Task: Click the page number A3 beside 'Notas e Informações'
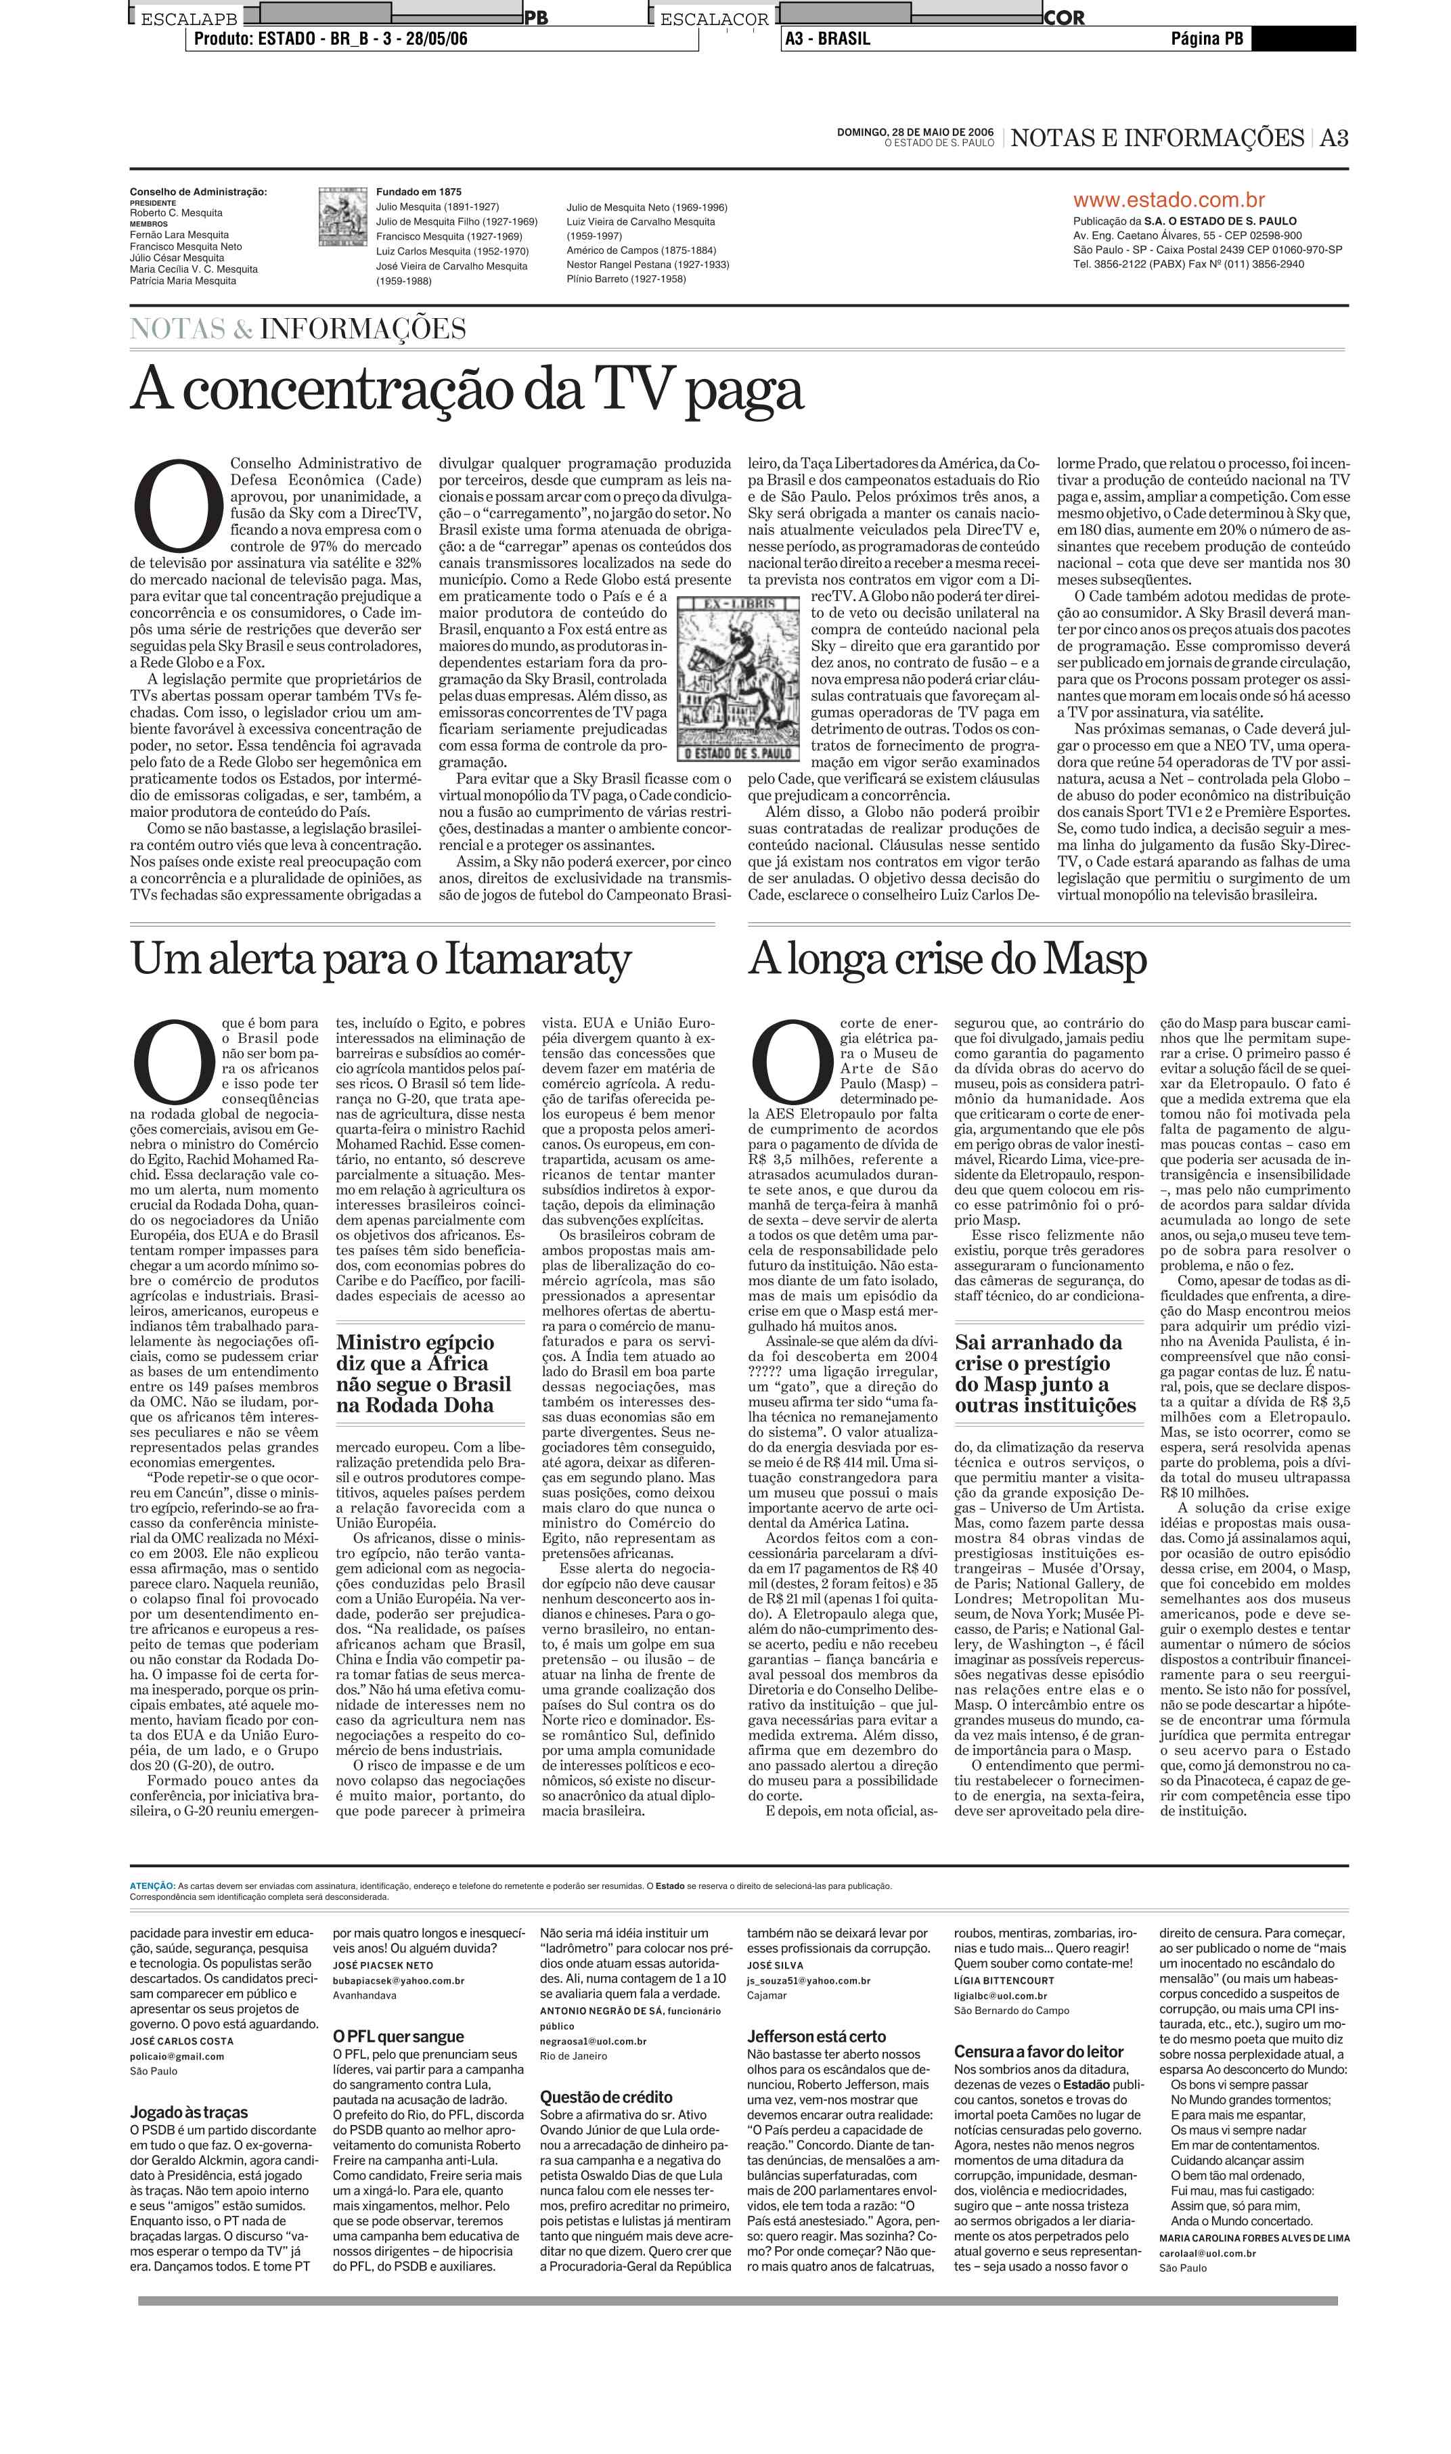(1334, 138)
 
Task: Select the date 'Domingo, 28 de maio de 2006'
(915, 132)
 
